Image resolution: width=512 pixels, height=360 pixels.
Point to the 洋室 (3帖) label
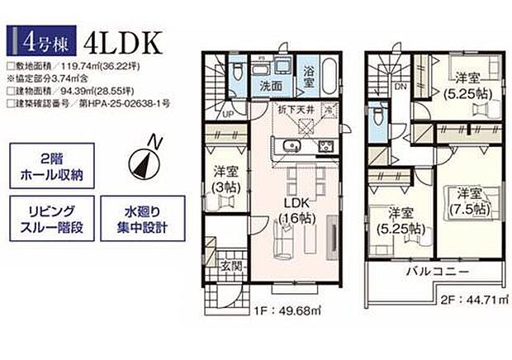pyautogui.click(x=224, y=178)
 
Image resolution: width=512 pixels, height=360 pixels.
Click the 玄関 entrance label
pyautogui.click(x=230, y=266)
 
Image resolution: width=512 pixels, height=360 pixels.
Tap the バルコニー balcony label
pyautogui.click(x=437, y=272)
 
